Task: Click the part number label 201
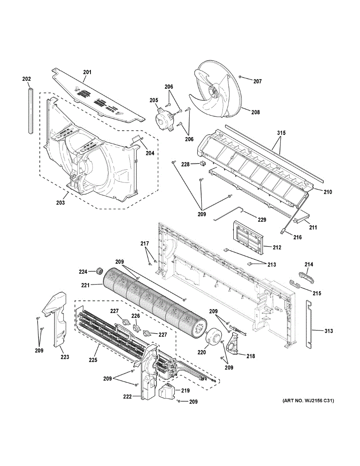87,72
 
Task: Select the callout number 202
26,79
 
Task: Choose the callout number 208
255,113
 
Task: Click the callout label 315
281,133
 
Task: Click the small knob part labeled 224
99,271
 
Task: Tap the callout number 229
262,220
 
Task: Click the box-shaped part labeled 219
167,391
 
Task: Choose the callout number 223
64,356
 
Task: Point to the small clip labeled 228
202,163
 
